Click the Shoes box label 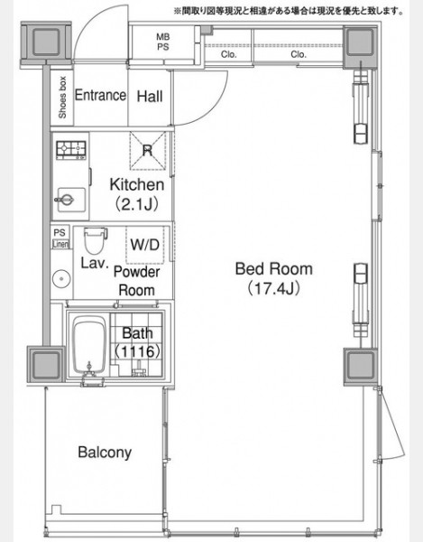[62, 98]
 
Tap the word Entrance [100, 95]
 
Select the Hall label [150, 97]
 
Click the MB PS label [163, 42]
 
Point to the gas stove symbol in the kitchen [71, 150]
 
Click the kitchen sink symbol [70, 200]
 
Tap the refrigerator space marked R [148, 151]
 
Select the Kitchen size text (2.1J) [136, 205]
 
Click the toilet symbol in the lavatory [94, 240]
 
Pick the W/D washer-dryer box [145, 245]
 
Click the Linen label [60, 244]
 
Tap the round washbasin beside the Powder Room [61, 278]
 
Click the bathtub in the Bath [89, 346]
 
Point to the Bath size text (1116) [137, 351]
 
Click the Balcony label [105, 453]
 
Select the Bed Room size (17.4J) [273, 288]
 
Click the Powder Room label [136, 281]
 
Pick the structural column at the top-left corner [46, 42]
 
